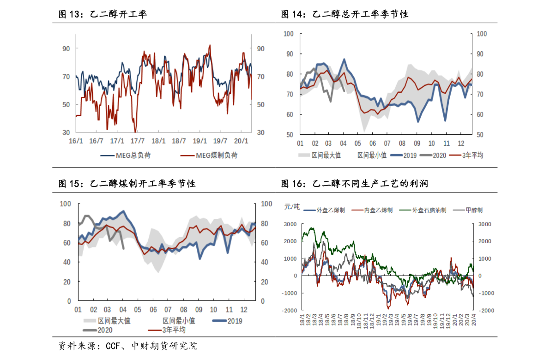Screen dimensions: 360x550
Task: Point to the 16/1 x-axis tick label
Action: pyautogui.click(x=76, y=141)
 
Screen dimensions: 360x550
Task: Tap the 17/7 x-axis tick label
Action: pyautogui.click(x=138, y=141)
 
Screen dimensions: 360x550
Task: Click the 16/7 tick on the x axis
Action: pyautogui.click(x=96, y=141)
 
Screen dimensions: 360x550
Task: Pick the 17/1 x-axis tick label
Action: pyautogui.click(x=117, y=141)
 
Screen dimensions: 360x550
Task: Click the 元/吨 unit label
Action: pyautogui.click(x=291, y=207)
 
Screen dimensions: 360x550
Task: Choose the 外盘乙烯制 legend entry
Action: pyautogui.click(x=329, y=210)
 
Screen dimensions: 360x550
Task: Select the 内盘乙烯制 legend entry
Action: pyautogui.click(x=379, y=210)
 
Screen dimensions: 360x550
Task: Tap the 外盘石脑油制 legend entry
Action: pyautogui.click(x=429, y=210)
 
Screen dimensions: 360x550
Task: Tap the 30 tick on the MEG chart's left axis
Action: pyautogui.click(x=66, y=133)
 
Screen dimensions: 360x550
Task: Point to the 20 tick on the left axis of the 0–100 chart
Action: pyautogui.click(x=66, y=282)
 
